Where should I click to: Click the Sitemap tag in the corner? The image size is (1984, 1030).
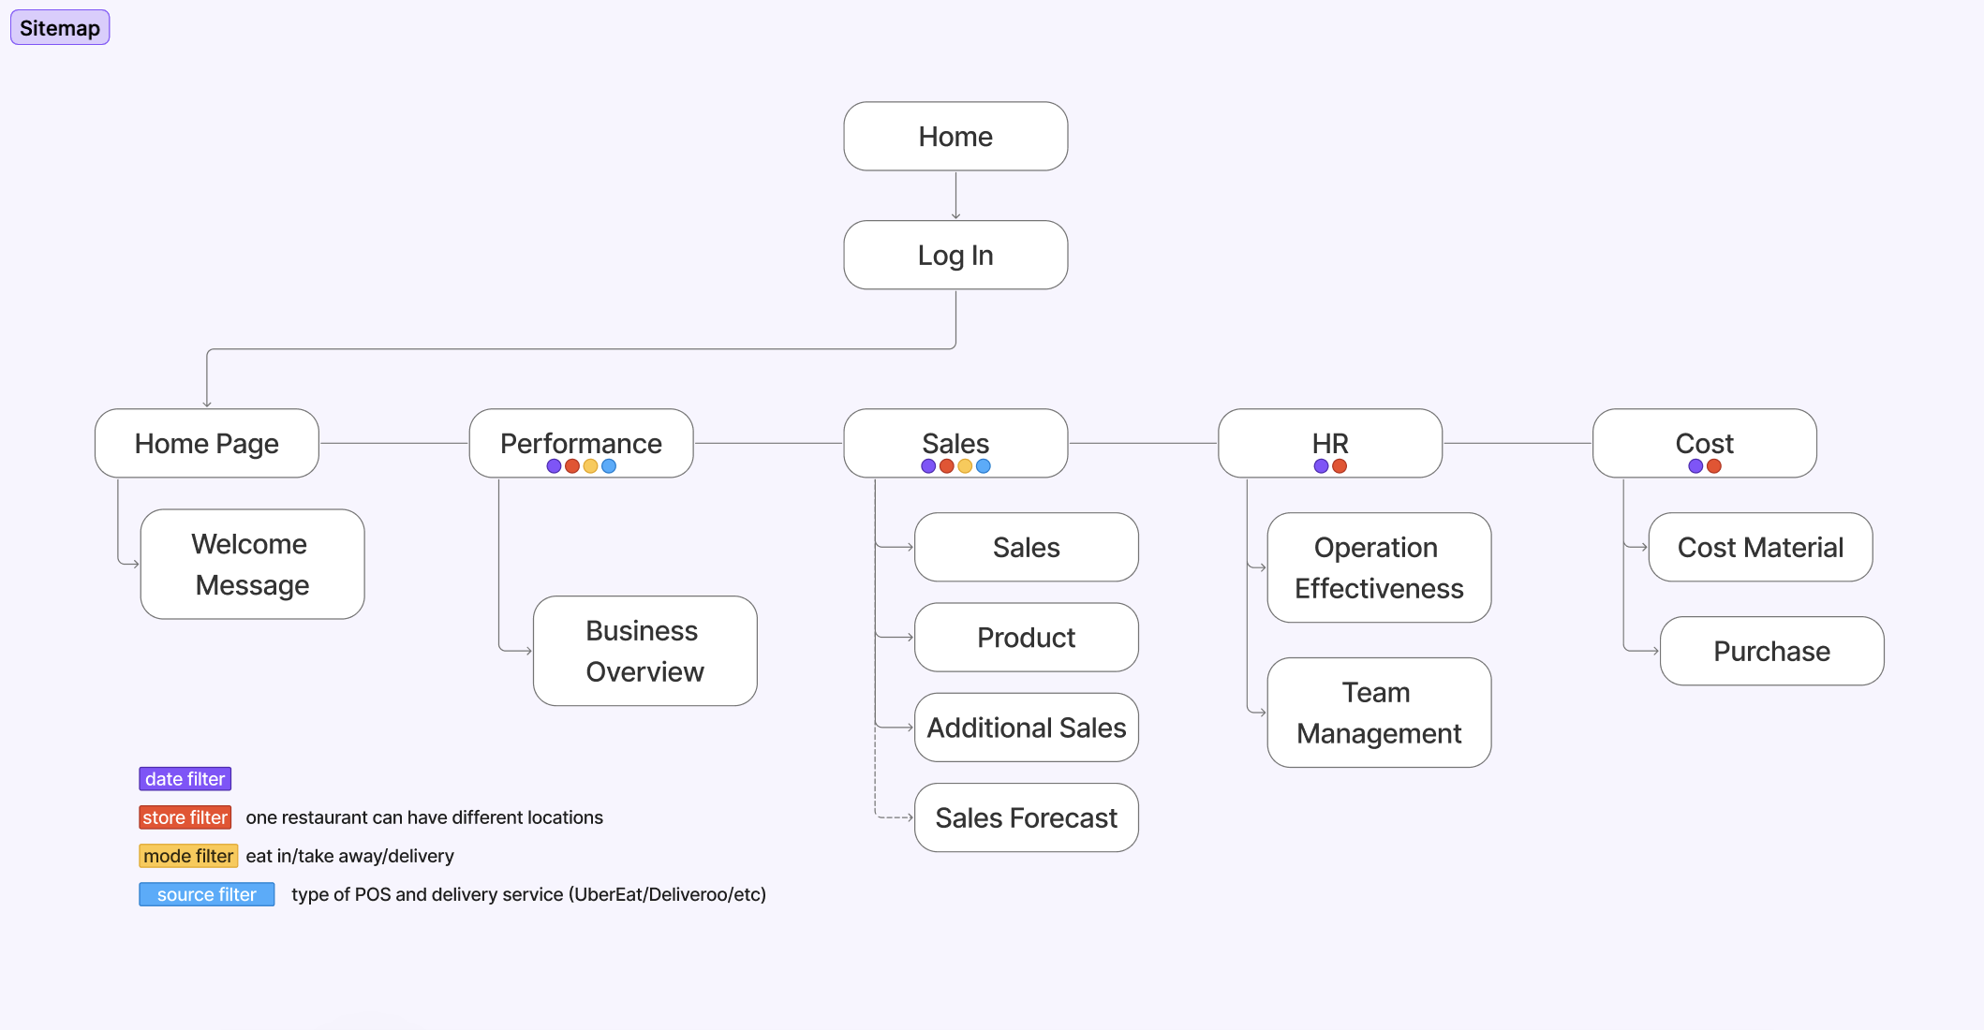(x=60, y=28)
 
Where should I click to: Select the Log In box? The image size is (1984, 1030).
(x=955, y=255)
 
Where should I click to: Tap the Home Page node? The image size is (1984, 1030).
(x=206, y=443)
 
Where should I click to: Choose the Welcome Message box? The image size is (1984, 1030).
(x=252, y=564)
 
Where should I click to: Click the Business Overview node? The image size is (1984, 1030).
(x=644, y=651)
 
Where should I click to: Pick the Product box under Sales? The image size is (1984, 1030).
(x=1026, y=637)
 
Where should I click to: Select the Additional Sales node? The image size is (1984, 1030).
(x=1026, y=728)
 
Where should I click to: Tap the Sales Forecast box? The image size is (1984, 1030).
(x=1026, y=817)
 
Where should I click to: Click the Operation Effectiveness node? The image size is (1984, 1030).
(x=1379, y=567)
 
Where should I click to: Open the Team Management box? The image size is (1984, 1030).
(x=1379, y=713)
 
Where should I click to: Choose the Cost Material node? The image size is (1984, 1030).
(x=1760, y=547)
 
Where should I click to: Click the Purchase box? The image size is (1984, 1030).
(x=1771, y=651)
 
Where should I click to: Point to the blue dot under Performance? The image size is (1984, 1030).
(x=609, y=466)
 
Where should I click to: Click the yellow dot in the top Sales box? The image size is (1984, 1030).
(x=965, y=466)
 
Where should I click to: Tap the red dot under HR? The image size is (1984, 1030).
(x=1340, y=466)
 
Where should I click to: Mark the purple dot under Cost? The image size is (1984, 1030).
(x=1695, y=466)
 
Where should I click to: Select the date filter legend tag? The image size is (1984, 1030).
(x=185, y=779)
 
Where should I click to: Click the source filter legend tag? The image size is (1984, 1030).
(x=206, y=894)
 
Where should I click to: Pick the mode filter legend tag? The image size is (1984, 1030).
(x=188, y=856)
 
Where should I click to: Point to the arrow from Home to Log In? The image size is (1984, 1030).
(x=955, y=196)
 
